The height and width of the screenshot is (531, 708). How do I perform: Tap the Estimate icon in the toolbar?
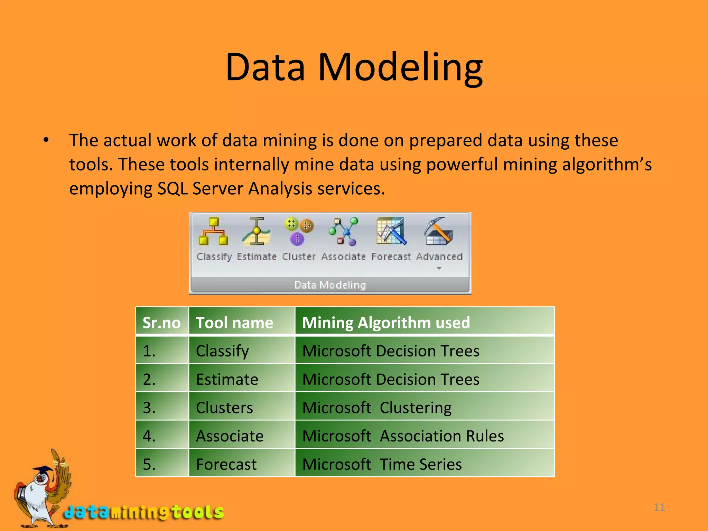pos(257,231)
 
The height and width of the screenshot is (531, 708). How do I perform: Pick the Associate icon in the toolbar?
pos(343,231)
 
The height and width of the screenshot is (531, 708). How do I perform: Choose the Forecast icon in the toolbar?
pos(391,231)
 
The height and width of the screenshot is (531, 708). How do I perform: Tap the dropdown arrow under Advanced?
pos(439,268)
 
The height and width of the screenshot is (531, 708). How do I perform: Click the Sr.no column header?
pos(161,323)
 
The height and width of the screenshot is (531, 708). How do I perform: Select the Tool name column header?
pos(234,323)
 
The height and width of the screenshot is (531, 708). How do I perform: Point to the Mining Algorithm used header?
pos(386,323)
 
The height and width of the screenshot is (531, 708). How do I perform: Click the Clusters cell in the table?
pos(224,408)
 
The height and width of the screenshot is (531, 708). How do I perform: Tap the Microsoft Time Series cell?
pos(382,464)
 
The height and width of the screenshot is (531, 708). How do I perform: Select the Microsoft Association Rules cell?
pos(403,436)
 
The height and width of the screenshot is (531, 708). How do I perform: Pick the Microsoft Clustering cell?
pos(377,408)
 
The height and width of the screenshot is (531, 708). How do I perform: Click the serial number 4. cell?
pos(149,436)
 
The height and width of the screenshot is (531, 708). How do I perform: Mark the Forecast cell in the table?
pos(226,464)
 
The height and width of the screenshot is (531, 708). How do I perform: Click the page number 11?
pos(659,507)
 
